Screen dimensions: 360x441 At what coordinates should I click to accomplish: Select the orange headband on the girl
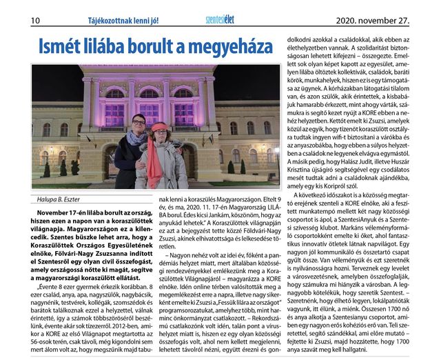point(161,127)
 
